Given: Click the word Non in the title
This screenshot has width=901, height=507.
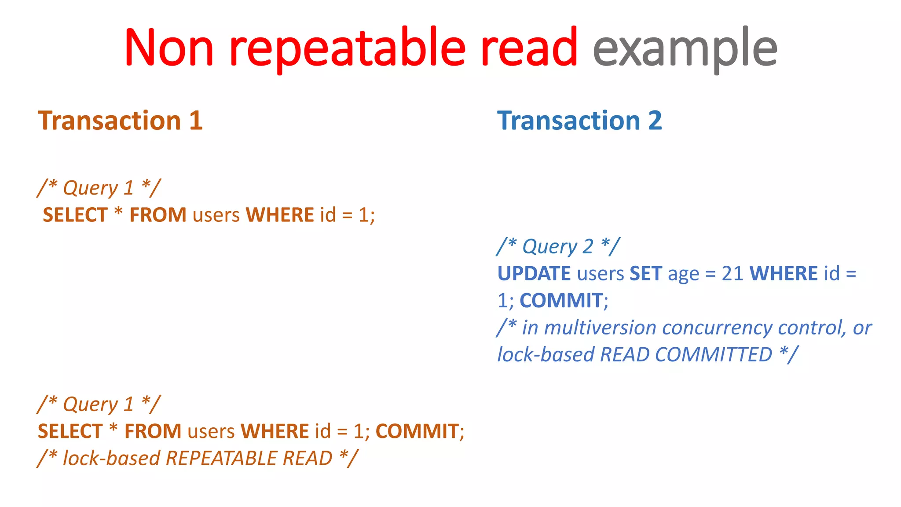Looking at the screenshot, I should pos(169,48).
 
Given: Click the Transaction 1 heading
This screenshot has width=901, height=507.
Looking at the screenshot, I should pos(120,121).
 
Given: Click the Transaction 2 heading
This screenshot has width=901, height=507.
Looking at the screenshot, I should pos(579,121).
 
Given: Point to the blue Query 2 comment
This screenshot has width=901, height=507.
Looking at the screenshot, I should pos(558,246).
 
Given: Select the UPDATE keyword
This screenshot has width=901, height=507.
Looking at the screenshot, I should pos(534,274).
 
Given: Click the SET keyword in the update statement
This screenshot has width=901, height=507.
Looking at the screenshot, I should pos(645,274).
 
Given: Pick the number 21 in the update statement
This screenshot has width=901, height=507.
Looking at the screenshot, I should pos(733,274).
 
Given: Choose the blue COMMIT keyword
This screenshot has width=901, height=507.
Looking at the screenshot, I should pos(561,301).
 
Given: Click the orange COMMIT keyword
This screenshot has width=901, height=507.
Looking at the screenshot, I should pos(417,431).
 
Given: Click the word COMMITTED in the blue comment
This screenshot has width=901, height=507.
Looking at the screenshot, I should pos(713,355).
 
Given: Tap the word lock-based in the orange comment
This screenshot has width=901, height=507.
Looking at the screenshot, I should pos(111,459).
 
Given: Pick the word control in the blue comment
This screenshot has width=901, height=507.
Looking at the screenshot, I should pos(812,328).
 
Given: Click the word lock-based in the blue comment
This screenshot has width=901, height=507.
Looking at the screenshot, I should pos(546,355).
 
